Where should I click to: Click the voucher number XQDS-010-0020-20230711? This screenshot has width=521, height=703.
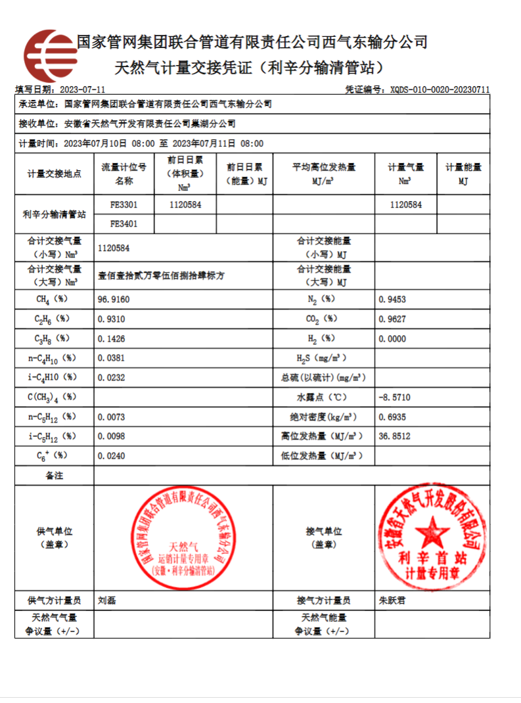(x=440, y=89)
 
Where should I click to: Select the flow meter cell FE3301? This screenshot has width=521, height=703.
(x=124, y=204)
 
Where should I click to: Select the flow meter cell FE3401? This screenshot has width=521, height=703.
(x=124, y=223)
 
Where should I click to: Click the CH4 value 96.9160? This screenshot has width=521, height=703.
(x=114, y=300)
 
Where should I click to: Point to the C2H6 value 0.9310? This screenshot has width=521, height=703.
(x=111, y=319)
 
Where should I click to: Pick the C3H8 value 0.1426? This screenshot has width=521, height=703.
(x=111, y=338)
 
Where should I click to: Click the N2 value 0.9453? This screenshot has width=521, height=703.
(x=392, y=300)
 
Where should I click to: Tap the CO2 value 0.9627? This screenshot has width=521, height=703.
(x=392, y=319)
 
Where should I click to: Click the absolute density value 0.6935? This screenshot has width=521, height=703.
(x=392, y=417)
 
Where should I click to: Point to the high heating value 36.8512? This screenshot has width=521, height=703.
(x=395, y=436)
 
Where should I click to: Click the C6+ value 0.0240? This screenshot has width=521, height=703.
(x=111, y=455)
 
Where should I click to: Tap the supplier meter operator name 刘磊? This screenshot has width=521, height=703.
(x=106, y=600)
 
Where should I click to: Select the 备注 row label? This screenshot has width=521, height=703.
(x=55, y=475)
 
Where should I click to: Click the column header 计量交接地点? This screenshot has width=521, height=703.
(x=55, y=174)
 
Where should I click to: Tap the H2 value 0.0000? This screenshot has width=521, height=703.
(x=392, y=338)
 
